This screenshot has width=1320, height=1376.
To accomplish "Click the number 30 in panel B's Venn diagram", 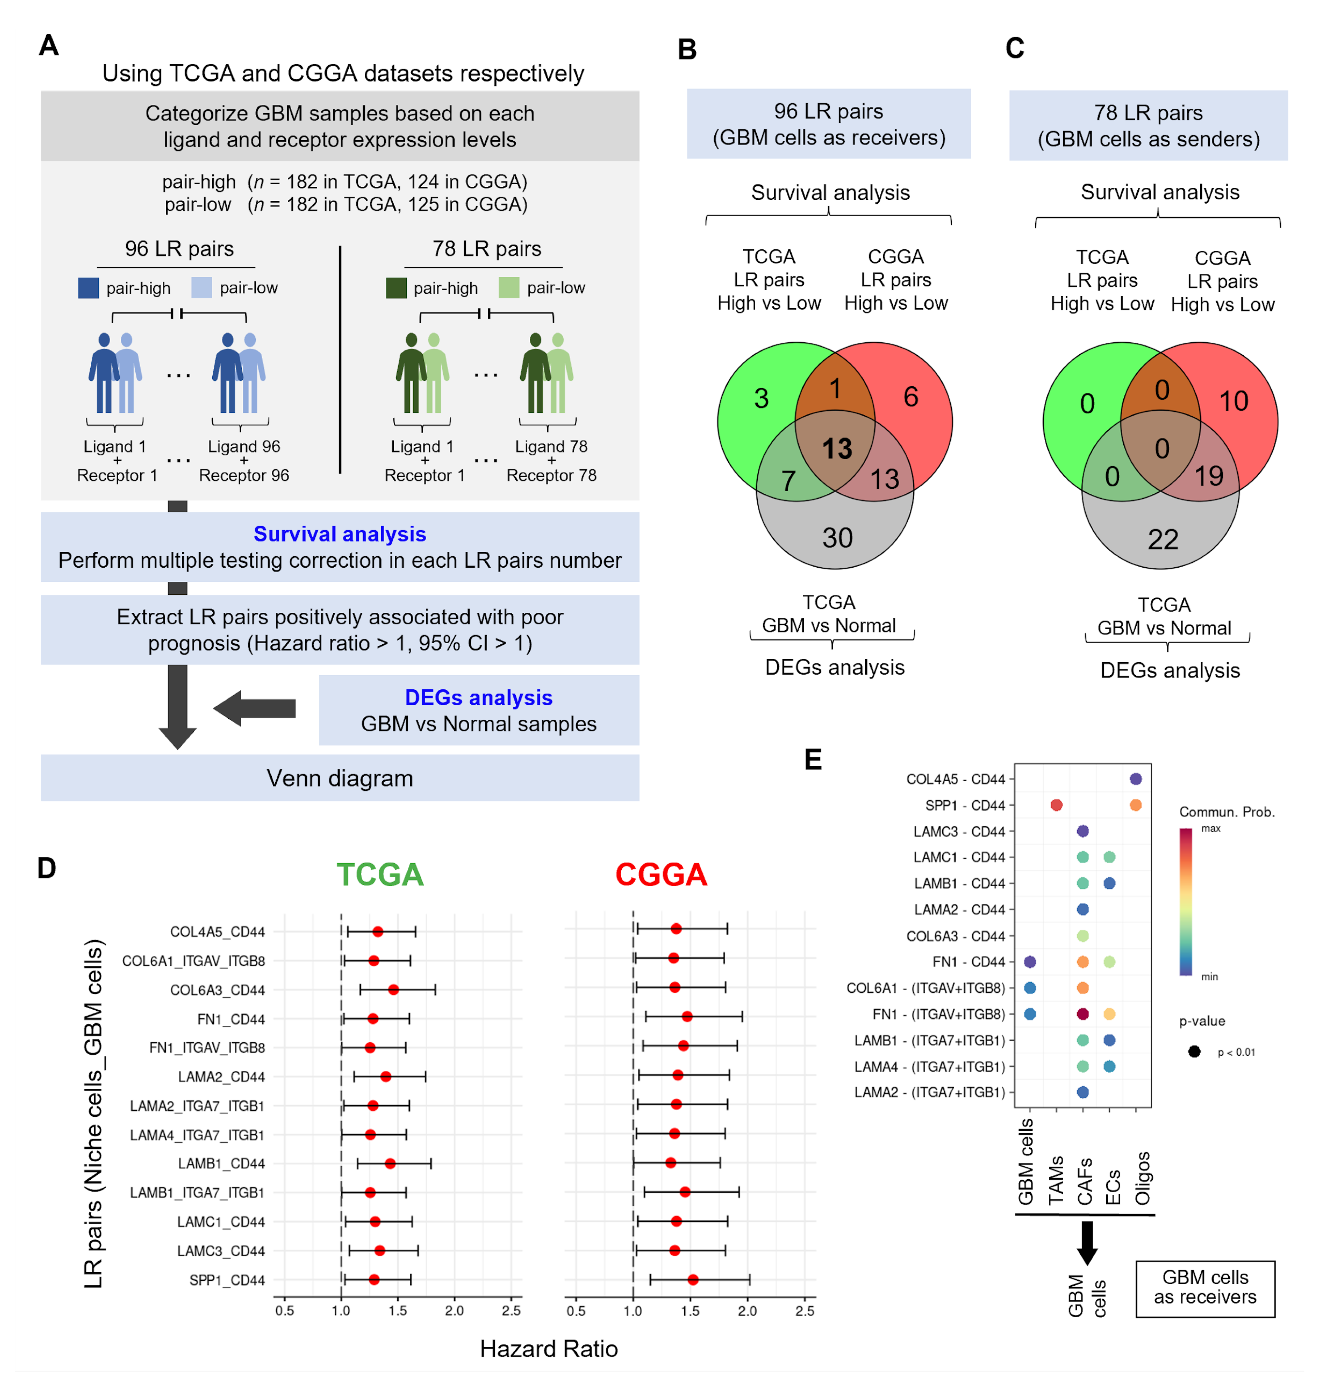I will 837,538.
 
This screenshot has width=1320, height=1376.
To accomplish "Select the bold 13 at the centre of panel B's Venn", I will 837,449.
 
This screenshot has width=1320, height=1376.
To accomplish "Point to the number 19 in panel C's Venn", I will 1208,477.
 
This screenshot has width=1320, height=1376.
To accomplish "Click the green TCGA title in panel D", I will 380,875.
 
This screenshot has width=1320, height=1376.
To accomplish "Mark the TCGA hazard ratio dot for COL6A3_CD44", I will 393,990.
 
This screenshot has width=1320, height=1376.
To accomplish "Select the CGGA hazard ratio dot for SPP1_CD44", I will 693,1280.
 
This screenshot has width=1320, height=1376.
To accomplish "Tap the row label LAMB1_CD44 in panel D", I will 221,1164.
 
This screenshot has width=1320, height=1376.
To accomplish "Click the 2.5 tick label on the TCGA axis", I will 511,1311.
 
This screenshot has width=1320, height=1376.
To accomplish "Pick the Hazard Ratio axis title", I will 549,1349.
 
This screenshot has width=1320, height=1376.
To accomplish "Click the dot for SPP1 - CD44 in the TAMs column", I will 1056,805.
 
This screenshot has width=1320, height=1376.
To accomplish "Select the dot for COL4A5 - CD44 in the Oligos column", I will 1136,779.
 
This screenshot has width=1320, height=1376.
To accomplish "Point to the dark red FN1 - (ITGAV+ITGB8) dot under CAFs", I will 1083,1014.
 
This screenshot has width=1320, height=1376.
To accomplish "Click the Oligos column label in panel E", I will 1142,1178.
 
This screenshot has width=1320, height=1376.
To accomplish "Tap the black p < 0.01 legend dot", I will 1194,1052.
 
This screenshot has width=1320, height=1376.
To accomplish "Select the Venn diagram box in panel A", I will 340,778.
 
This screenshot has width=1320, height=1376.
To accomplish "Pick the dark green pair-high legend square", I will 396,288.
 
